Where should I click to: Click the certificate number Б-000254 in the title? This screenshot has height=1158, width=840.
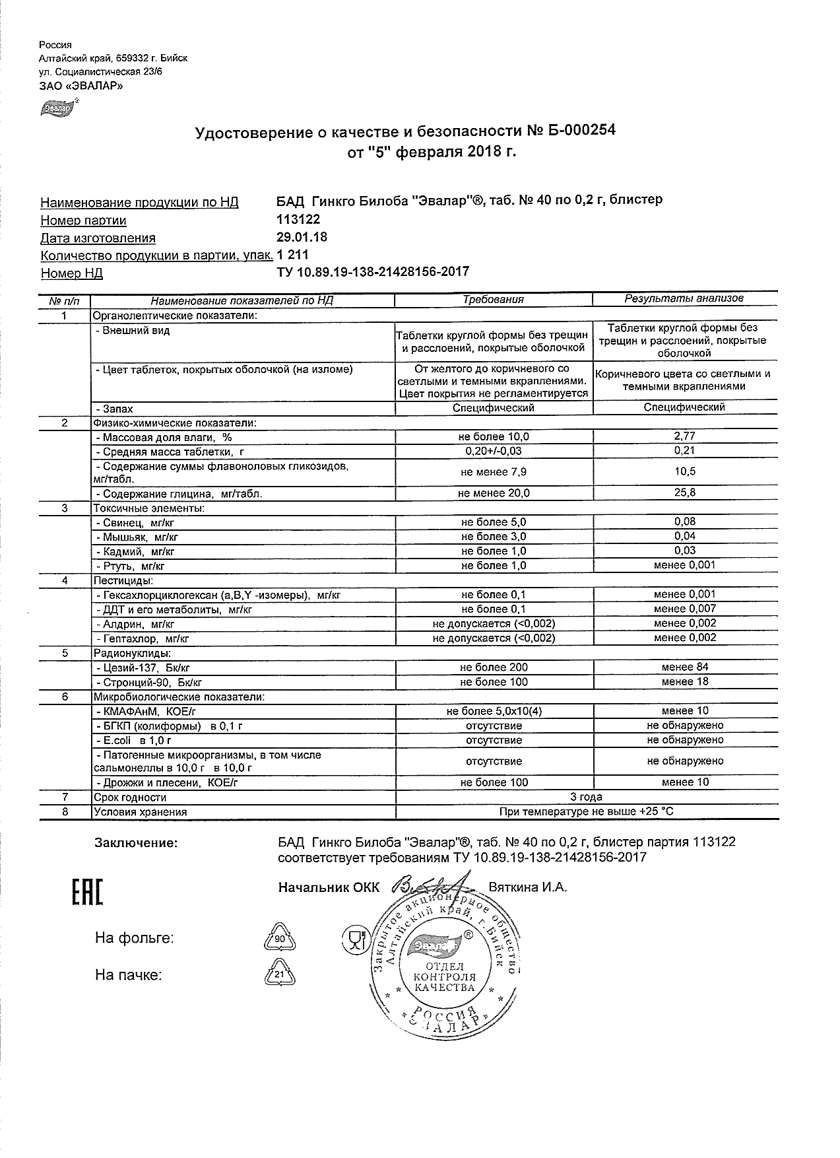(x=581, y=131)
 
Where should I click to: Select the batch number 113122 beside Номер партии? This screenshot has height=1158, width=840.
(x=299, y=219)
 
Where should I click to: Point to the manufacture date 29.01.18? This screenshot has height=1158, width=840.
(x=302, y=237)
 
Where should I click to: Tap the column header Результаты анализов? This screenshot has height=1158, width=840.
(x=684, y=298)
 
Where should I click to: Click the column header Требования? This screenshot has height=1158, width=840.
(x=493, y=299)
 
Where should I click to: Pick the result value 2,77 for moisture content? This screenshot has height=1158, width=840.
(x=685, y=436)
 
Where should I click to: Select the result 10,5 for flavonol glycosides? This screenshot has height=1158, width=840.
(x=685, y=471)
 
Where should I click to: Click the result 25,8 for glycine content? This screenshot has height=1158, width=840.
(x=685, y=493)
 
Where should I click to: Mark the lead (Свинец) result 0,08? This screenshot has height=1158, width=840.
(x=685, y=522)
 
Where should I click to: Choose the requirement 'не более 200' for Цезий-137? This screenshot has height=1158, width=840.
(x=494, y=667)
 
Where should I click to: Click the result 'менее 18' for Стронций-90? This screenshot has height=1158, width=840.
(x=685, y=682)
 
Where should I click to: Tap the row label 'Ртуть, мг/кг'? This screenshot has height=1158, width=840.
(x=130, y=566)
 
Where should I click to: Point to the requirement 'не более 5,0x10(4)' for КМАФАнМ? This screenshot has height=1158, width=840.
(x=494, y=711)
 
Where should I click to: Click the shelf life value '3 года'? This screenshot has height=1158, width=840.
(x=587, y=797)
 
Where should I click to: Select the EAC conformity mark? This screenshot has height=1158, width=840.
(x=87, y=893)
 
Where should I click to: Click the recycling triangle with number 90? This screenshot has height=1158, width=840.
(x=279, y=937)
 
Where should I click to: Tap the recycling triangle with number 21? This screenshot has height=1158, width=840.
(x=279, y=974)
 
